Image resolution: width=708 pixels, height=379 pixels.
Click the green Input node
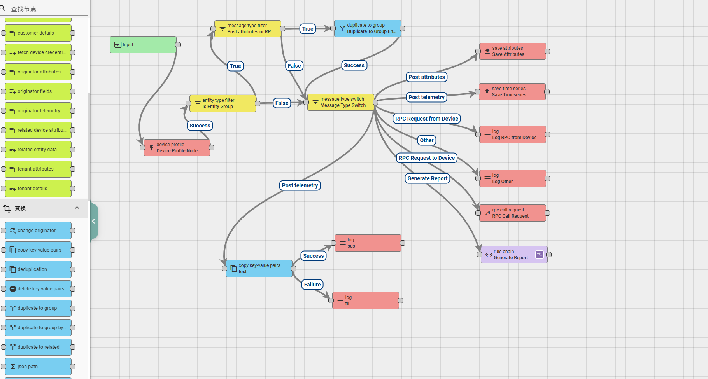tap(143, 45)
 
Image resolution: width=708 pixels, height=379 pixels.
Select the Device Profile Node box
tap(177, 148)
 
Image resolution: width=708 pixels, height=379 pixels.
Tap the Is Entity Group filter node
tap(223, 103)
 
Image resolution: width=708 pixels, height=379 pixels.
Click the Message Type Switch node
tap(341, 102)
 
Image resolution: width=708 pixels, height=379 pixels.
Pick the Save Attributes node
tap(513, 51)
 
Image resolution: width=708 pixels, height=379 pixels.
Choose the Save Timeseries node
tap(512, 92)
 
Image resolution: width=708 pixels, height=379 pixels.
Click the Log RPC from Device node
tap(513, 134)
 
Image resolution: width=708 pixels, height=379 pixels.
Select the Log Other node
tap(513, 178)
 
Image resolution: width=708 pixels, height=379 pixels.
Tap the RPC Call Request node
tap(513, 213)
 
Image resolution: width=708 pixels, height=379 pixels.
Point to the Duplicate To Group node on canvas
tap(368, 28)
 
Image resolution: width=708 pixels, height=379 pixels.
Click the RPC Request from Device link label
tap(427, 119)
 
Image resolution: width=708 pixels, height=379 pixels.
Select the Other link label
tap(427, 140)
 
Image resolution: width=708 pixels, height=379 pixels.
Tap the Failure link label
tap(312, 285)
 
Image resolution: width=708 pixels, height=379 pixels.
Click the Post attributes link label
tap(427, 77)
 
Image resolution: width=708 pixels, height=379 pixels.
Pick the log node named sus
tap(368, 243)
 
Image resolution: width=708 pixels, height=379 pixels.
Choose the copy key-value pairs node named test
tap(259, 269)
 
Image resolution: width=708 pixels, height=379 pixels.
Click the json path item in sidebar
tap(38, 367)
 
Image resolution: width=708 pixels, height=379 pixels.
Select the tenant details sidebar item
tap(38, 189)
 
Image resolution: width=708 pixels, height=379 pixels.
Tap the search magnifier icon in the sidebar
tap(3, 8)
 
